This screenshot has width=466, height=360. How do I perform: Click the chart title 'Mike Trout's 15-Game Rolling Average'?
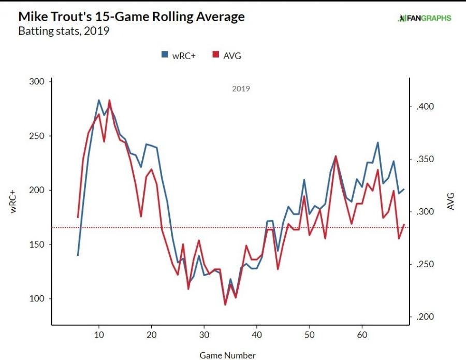coord(132,17)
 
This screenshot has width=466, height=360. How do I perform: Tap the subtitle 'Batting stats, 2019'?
coord(64,31)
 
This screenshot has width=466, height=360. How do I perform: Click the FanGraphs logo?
coord(425,18)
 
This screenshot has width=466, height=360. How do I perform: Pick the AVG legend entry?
coord(227,55)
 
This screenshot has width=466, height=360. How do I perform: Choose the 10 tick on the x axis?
coord(99,334)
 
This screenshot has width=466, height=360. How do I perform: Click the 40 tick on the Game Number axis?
coord(257,334)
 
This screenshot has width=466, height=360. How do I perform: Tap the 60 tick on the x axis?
coord(362,334)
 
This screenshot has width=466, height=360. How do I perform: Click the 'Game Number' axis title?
coord(228,355)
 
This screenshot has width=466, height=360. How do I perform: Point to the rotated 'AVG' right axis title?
coord(450,202)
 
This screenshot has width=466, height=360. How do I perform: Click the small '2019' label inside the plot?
coord(241,89)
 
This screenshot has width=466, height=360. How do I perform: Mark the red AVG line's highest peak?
coord(109,100)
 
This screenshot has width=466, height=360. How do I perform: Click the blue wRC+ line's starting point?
coord(78,255)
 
